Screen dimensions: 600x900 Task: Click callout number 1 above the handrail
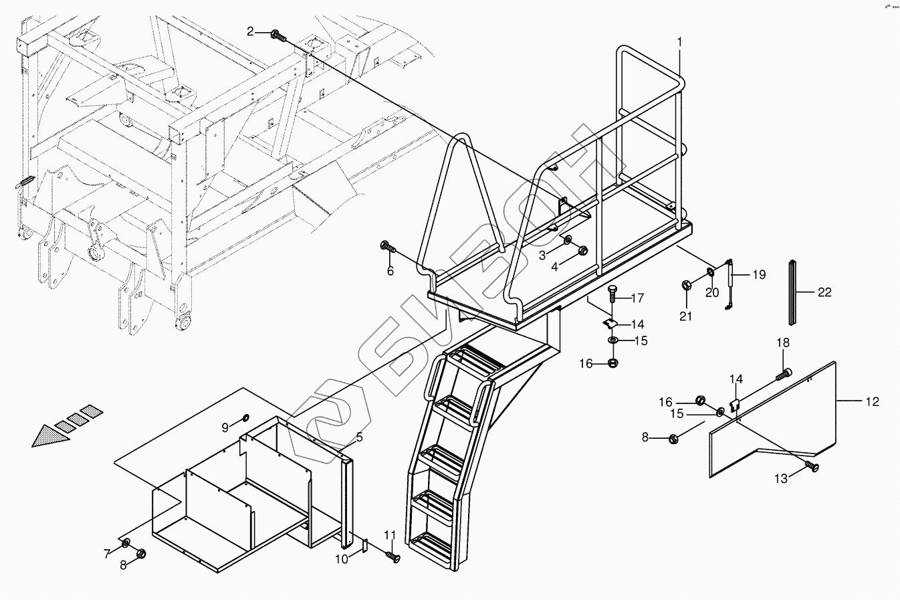tap(679, 41)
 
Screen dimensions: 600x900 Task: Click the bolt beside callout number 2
tap(277, 35)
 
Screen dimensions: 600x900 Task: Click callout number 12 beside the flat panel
tap(872, 401)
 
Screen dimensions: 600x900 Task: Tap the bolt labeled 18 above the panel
tap(784, 375)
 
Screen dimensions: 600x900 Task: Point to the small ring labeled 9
tap(245, 418)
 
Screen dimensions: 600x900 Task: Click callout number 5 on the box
tap(359, 437)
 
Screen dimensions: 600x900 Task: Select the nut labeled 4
tap(581, 252)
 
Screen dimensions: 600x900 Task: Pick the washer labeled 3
tap(567, 239)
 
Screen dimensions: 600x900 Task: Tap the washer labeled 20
tap(710, 272)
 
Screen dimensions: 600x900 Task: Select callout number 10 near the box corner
tap(341, 559)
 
